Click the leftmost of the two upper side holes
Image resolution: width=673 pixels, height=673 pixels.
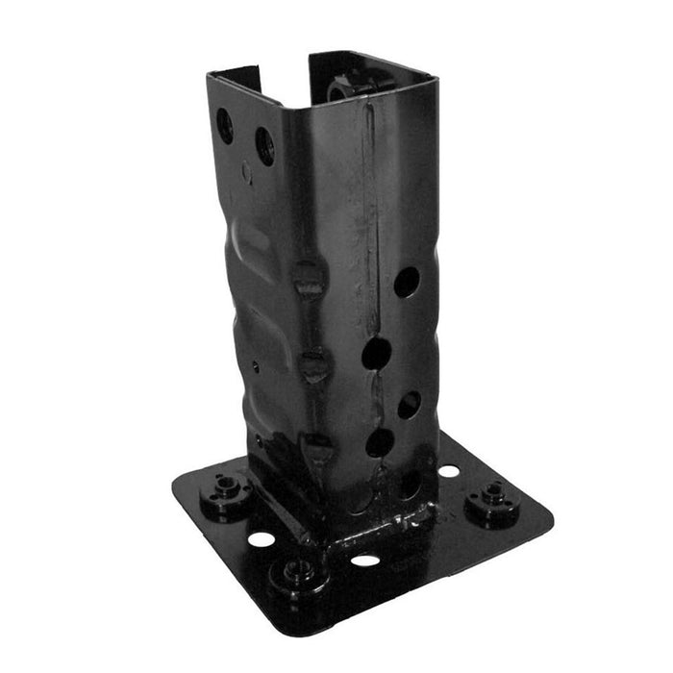click(x=224, y=125)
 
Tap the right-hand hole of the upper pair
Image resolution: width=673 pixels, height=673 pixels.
click(x=264, y=145)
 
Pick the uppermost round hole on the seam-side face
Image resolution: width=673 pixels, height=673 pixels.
click(x=407, y=281)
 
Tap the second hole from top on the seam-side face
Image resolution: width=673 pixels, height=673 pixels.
click(x=376, y=354)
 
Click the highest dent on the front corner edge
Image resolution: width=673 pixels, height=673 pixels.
click(x=309, y=279)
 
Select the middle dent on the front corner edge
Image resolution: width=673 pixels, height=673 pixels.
click(x=312, y=364)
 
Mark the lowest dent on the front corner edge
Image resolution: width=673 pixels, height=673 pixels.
click(x=317, y=446)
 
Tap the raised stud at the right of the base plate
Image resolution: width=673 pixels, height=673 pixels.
click(x=492, y=500)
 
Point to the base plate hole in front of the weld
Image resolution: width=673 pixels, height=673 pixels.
click(x=364, y=560)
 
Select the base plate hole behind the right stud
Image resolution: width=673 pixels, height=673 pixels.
click(x=448, y=471)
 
